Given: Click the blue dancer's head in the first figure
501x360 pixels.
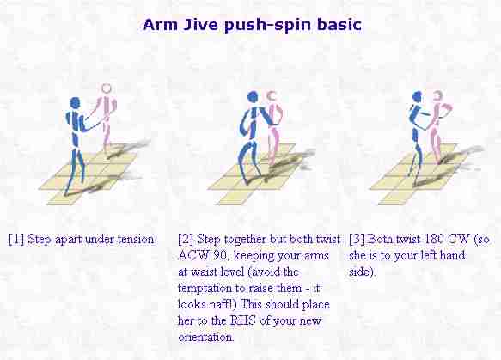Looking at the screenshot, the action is pos(75,103).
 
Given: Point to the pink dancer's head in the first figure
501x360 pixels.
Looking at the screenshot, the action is pos(106,88).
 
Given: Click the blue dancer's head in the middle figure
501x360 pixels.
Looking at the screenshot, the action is pos(253,97).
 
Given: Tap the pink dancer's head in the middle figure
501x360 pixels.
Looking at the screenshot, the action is pos(272,96).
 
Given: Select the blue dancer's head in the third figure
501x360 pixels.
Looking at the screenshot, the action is pos(417,96).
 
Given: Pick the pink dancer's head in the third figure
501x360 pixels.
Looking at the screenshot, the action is pos(437,95).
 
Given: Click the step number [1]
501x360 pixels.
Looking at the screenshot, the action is pos(16,239).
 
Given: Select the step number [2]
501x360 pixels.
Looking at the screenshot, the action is pos(186,239).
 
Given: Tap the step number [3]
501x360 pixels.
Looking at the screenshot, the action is pos(357,239).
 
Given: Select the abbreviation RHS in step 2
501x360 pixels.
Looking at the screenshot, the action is pos(243,320).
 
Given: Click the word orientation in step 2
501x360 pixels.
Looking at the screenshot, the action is pos(205,337).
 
